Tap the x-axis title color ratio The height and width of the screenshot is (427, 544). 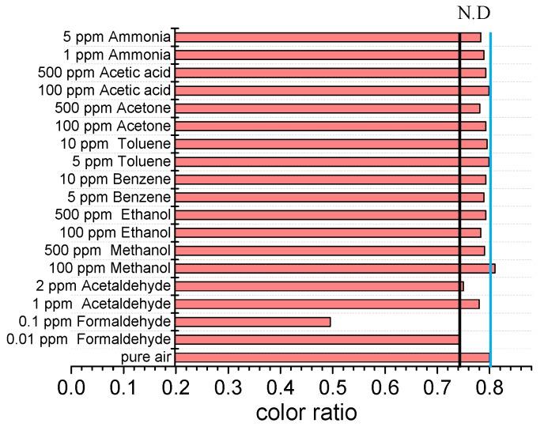306,412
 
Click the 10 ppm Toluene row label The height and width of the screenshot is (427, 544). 115,144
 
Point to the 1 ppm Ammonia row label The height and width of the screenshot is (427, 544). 118,55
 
